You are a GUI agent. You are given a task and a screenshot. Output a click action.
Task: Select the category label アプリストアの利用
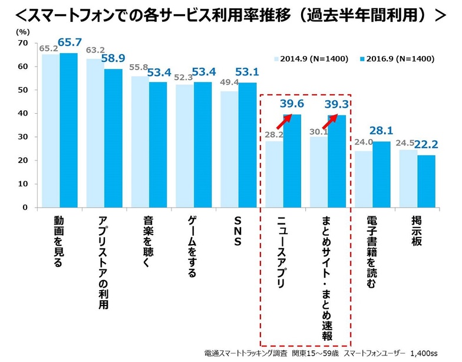[102, 262]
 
